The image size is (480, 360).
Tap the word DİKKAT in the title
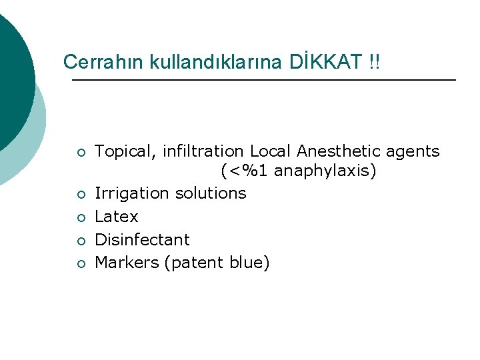point(327,62)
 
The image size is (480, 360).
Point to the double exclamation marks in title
point(375,62)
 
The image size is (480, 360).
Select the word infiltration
point(201,151)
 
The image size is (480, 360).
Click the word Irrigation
point(131,193)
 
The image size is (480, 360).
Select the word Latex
point(117,217)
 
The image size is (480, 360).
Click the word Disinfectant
point(142,239)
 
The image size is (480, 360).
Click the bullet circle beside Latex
point(80,217)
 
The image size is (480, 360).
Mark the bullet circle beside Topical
point(80,153)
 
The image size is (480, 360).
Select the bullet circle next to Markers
point(80,264)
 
